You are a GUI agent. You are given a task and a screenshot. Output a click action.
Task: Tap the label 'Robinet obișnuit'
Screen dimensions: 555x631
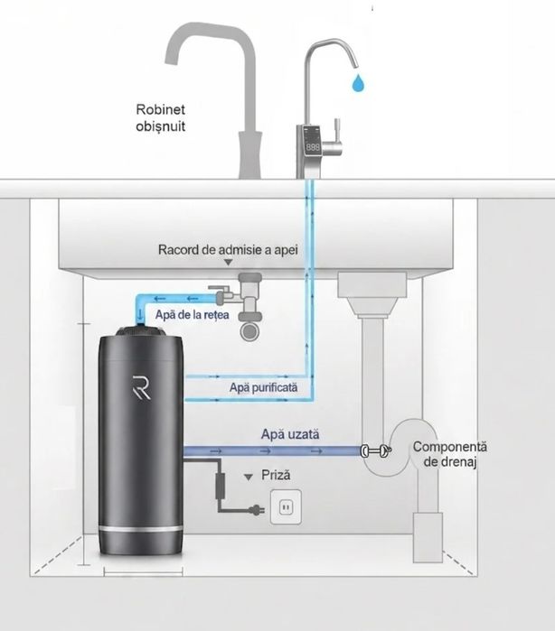tap(160, 117)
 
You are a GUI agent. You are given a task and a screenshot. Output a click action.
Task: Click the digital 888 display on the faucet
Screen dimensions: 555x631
tap(313, 147)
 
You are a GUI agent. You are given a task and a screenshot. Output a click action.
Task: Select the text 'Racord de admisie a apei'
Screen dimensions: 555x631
tap(228, 249)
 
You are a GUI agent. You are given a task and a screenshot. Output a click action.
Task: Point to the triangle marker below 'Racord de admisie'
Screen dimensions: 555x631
tap(228, 263)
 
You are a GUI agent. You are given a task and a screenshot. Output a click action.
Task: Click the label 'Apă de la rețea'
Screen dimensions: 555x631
tap(192, 314)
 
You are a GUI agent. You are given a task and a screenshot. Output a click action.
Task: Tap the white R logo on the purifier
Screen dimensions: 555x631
tap(142, 387)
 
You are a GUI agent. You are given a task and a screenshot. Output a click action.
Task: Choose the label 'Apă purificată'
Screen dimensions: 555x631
tap(264, 387)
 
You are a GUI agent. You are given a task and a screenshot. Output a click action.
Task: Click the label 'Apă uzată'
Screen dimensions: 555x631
tap(290, 434)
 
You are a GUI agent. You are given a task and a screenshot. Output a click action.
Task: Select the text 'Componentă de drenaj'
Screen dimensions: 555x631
tap(450, 454)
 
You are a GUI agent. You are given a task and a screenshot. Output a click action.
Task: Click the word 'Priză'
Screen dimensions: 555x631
tap(276, 475)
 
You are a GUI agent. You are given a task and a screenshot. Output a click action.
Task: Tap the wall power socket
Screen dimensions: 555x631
tap(286, 506)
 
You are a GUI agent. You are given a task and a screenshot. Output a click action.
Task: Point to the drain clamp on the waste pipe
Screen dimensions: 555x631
tap(376, 450)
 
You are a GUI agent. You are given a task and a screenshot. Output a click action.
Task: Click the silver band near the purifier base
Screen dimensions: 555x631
tap(142, 528)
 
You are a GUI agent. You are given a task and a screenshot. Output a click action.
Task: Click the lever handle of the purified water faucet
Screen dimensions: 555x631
tap(334, 136)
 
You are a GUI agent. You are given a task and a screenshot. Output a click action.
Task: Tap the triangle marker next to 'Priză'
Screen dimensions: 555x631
tap(249, 478)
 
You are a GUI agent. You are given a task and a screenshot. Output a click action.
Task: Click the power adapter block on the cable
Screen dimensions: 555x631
tap(220, 487)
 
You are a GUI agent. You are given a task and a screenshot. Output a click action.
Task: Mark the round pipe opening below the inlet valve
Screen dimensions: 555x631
tap(250, 330)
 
